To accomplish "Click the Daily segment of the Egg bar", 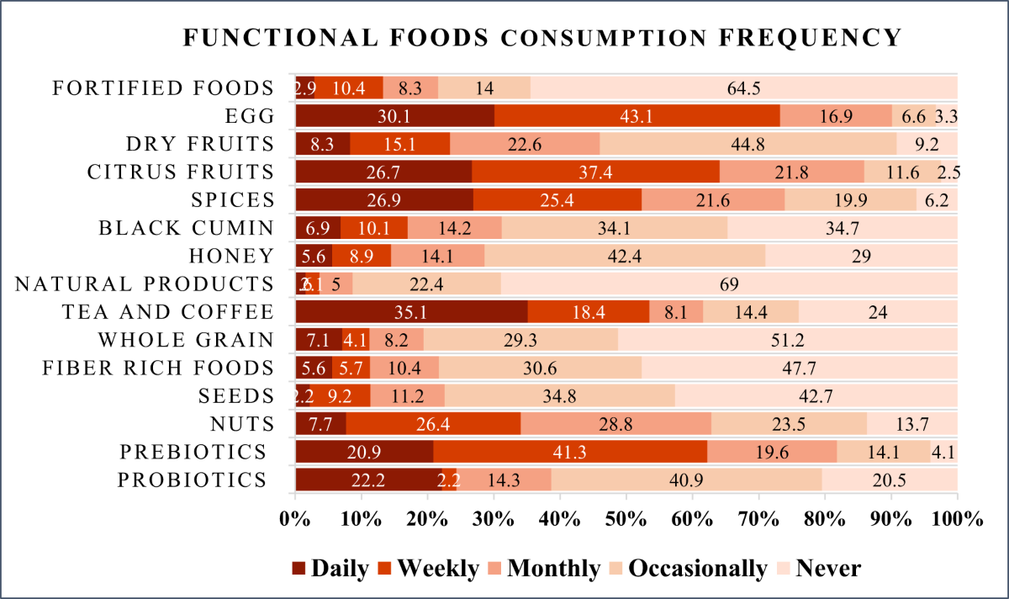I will coord(394,115).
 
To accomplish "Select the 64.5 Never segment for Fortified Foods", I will coord(744,87).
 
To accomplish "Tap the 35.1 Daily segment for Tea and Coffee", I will coord(411,312).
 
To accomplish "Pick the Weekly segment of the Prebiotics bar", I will coord(570,452).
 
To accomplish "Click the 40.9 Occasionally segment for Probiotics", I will coord(686,480).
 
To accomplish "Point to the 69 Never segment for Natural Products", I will coord(729,284).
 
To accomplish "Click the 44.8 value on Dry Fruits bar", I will coord(748,144).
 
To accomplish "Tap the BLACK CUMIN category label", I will coord(185,228).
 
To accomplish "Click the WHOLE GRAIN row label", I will coord(186,340).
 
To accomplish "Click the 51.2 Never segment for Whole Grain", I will coord(787,340).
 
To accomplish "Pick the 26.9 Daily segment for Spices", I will coord(384,200).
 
